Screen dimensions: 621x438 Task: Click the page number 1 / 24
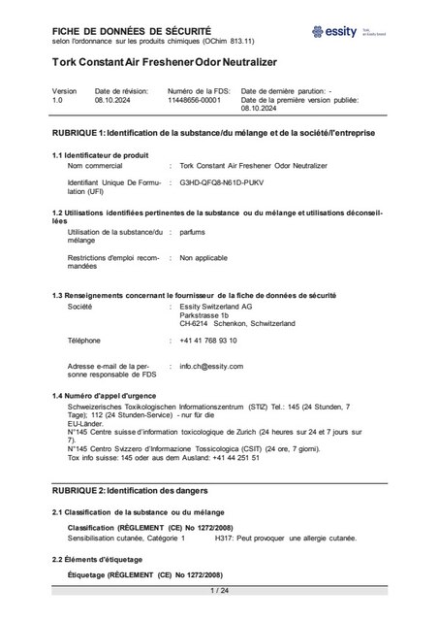tap(219, 589)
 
